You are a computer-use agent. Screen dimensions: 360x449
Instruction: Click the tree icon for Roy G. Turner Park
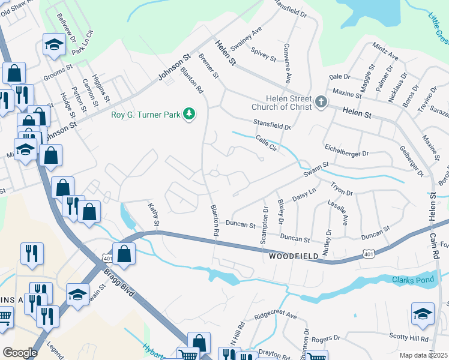click(x=190, y=113)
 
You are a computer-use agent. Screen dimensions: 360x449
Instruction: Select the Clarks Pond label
click(x=412, y=280)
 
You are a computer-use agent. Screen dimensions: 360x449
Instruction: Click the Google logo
click(x=20, y=352)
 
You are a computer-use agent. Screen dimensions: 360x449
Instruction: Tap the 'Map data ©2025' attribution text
click(x=423, y=355)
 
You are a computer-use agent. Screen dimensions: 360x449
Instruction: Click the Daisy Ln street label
click(x=303, y=195)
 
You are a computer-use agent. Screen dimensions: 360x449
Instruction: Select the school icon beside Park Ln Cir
click(x=54, y=44)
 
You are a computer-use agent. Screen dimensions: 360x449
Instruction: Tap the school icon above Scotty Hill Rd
click(x=423, y=314)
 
